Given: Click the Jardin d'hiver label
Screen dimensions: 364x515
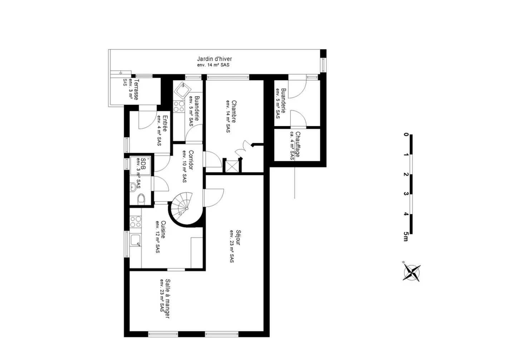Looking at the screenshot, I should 214,59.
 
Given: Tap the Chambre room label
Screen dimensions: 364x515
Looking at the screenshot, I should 234,111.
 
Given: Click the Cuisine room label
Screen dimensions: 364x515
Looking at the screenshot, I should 163,230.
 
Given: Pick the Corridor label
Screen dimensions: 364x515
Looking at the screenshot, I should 191,161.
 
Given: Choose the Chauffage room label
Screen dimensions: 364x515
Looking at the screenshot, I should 298,144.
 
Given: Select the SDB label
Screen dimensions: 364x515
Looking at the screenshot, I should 143,164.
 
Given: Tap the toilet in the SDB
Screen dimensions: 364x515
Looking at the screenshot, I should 141,199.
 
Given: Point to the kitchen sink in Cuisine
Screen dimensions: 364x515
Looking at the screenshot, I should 136,240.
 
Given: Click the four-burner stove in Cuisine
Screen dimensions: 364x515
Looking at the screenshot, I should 135,221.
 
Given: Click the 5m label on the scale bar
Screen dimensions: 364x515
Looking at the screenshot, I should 406,236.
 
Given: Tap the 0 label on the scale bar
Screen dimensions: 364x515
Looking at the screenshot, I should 406,135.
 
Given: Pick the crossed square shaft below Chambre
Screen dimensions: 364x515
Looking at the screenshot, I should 231,166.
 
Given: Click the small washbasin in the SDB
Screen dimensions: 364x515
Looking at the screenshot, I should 133,187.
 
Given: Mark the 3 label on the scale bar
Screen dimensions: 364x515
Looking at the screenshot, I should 406,194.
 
